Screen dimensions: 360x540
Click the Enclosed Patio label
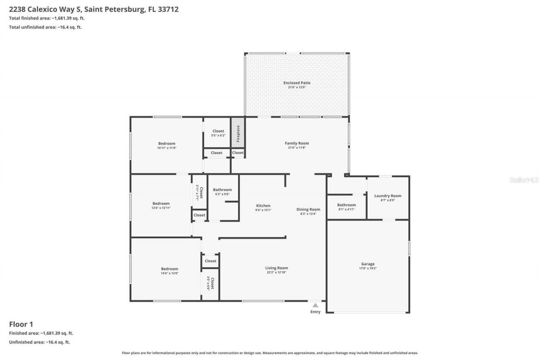[297, 83]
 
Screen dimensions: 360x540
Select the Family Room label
[297, 143]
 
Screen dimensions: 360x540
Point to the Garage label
[367, 264]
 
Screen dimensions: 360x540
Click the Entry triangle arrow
[315, 305]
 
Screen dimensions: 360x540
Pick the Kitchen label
[263, 206]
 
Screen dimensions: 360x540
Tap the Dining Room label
[308, 209]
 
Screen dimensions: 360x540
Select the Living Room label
[276, 268]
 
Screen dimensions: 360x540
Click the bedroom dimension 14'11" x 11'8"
[167, 148]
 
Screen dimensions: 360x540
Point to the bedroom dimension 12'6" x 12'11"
[161, 208]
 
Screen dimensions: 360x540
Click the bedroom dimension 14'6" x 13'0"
[169, 273]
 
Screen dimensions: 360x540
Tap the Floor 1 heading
[21, 324]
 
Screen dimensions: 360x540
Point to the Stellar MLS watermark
[524, 180]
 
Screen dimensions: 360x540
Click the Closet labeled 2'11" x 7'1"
[200, 192]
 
